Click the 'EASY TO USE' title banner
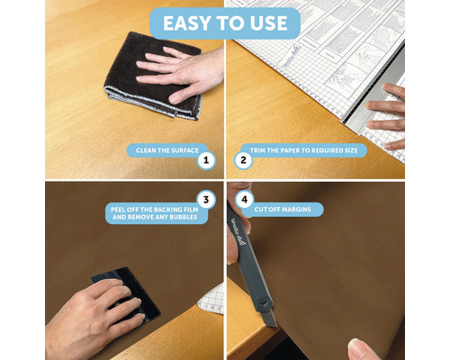click(x=224, y=22)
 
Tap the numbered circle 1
click(x=207, y=161)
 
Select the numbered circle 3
click(x=206, y=200)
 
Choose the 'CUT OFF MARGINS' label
click(x=287, y=210)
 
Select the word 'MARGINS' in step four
click(x=301, y=210)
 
